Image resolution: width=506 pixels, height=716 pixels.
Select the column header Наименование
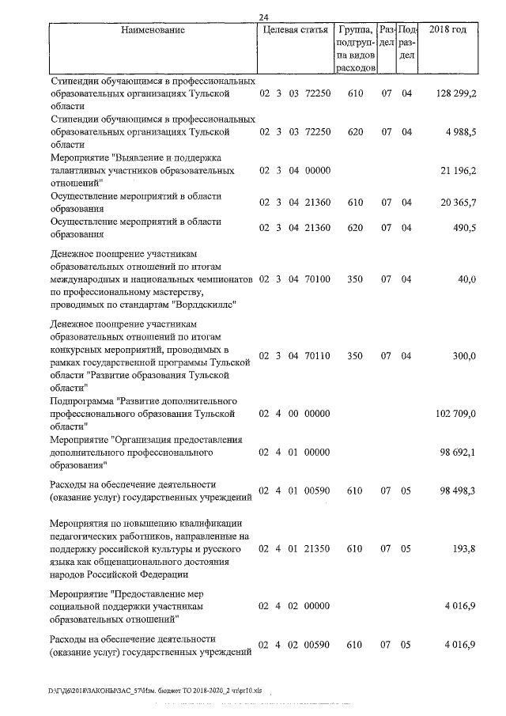153,30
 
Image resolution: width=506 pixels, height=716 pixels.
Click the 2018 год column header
447,30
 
